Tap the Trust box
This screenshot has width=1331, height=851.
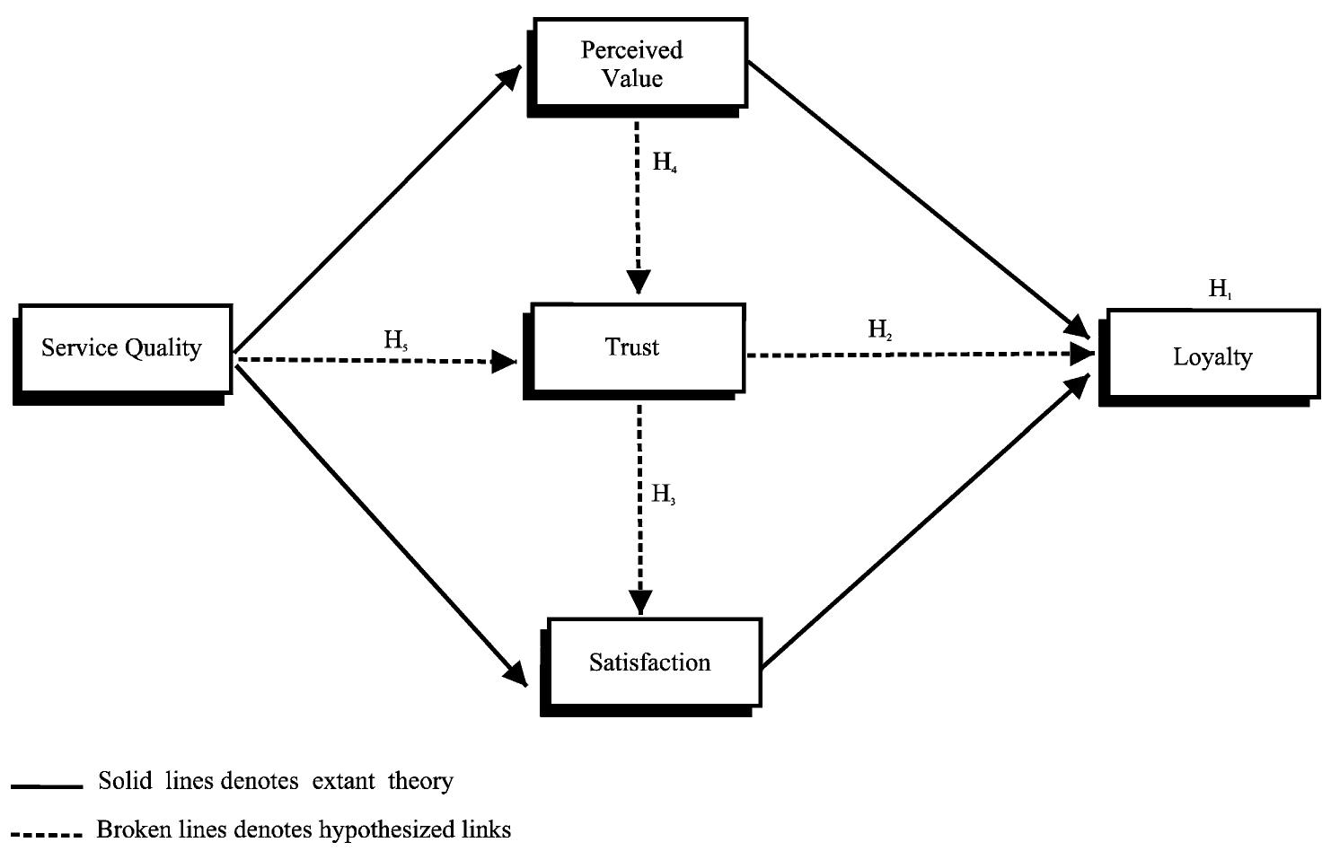[634, 348]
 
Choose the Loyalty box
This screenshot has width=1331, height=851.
[1212, 357]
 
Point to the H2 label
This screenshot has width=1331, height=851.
[880, 330]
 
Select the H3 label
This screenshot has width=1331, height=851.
[664, 495]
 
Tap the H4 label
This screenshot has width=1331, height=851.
[665, 163]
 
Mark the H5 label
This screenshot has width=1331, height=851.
[396, 340]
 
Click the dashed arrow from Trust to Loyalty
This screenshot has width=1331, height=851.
[916, 355]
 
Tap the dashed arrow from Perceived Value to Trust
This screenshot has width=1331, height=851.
[638, 206]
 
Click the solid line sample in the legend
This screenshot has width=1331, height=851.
[47, 786]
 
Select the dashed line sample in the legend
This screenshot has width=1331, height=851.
[47, 834]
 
